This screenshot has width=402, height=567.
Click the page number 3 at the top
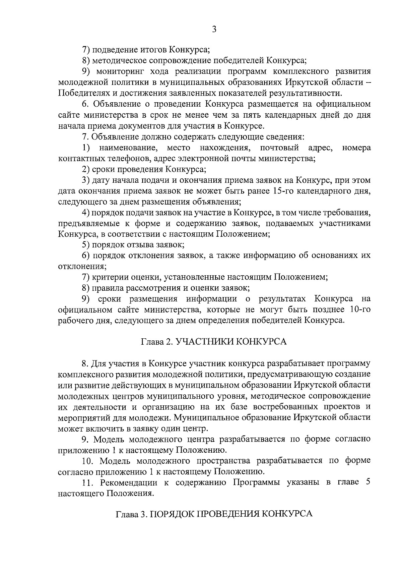click(214, 30)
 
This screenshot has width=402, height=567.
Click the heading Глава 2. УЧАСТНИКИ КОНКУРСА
click(214, 342)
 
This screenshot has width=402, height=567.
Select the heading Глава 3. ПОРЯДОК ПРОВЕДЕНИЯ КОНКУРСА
click(214, 514)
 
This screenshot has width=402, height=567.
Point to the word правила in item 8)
click(108, 288)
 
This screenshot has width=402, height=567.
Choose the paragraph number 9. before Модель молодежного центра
click(85, 439)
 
